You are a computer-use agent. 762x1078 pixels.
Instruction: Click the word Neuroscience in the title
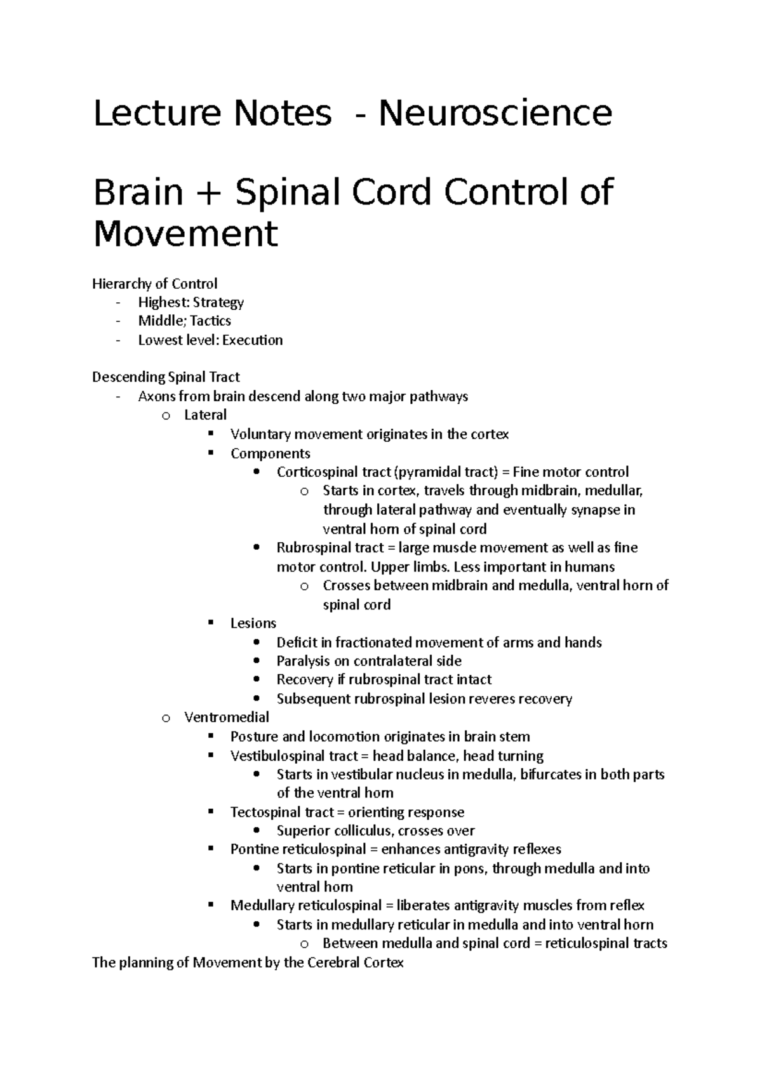[x=495, y=113]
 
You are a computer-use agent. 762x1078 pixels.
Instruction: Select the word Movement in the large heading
[x=185, y=234]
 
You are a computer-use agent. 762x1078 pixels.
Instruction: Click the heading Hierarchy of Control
[x=155, y=283]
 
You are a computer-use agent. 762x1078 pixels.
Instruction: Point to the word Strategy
[x=218, y=302]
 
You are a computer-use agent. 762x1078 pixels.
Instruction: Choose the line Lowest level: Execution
[x=210, y=340]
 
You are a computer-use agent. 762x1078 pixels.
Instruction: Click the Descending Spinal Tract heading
[x=166, y=377]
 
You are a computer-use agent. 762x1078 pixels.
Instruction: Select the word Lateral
[x=205, y=415]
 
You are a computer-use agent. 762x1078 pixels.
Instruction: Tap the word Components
[x=270, y=453]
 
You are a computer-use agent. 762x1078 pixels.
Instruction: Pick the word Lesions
[x=253, y=623]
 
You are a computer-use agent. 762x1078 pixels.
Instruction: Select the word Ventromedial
[x=227, y=717]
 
